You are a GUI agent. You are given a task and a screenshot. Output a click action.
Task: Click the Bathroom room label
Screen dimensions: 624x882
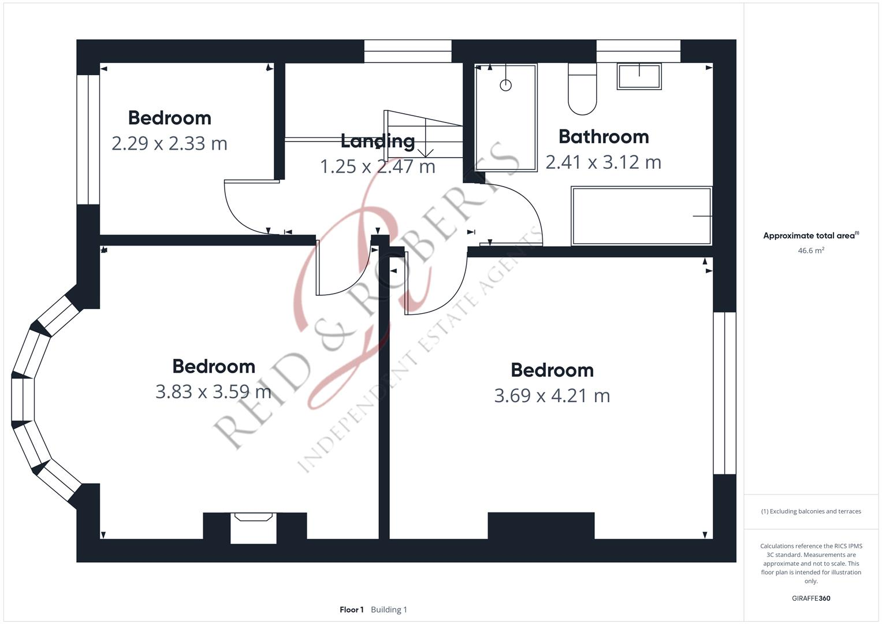(x=604, y=137)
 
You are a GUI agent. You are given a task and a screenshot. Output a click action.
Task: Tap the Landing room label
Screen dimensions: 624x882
(x=377, y=141)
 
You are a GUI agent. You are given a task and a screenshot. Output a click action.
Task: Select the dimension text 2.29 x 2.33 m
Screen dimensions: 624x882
(x=169, y=143)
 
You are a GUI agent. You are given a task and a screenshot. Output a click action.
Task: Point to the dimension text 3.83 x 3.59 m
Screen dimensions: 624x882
(x=213, y=392)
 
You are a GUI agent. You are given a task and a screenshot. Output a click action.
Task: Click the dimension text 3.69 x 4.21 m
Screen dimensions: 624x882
(x=552, y=396)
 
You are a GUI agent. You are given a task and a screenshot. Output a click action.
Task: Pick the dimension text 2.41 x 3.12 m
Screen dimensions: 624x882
(x=603, y=162)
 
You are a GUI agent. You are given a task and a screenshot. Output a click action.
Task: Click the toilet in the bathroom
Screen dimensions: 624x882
(x=582, y=90)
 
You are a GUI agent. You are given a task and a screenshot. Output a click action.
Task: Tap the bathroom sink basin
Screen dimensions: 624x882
(x=639, y=76)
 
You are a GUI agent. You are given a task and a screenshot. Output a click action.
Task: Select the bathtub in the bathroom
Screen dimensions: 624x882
(x=641, y=216)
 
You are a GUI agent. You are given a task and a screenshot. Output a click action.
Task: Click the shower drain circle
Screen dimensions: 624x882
(x=505, y=86)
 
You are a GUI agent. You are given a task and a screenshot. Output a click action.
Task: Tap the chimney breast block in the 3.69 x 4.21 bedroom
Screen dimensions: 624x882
(x=541, y=525)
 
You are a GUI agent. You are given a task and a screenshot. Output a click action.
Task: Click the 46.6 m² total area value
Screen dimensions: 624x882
(x=811, y=251)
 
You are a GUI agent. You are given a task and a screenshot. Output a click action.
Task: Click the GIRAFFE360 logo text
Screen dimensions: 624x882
(x=811, y=599)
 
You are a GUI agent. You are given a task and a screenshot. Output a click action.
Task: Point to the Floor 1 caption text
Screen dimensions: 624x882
(x=352, y=610)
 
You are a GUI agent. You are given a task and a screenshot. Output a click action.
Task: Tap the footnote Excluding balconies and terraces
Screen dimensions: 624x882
(x=811, y=511)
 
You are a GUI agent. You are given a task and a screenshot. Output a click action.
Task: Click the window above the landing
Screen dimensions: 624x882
(x=408, y=51)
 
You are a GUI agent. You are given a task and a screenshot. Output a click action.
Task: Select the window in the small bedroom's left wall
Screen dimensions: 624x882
(x=88, y=139)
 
